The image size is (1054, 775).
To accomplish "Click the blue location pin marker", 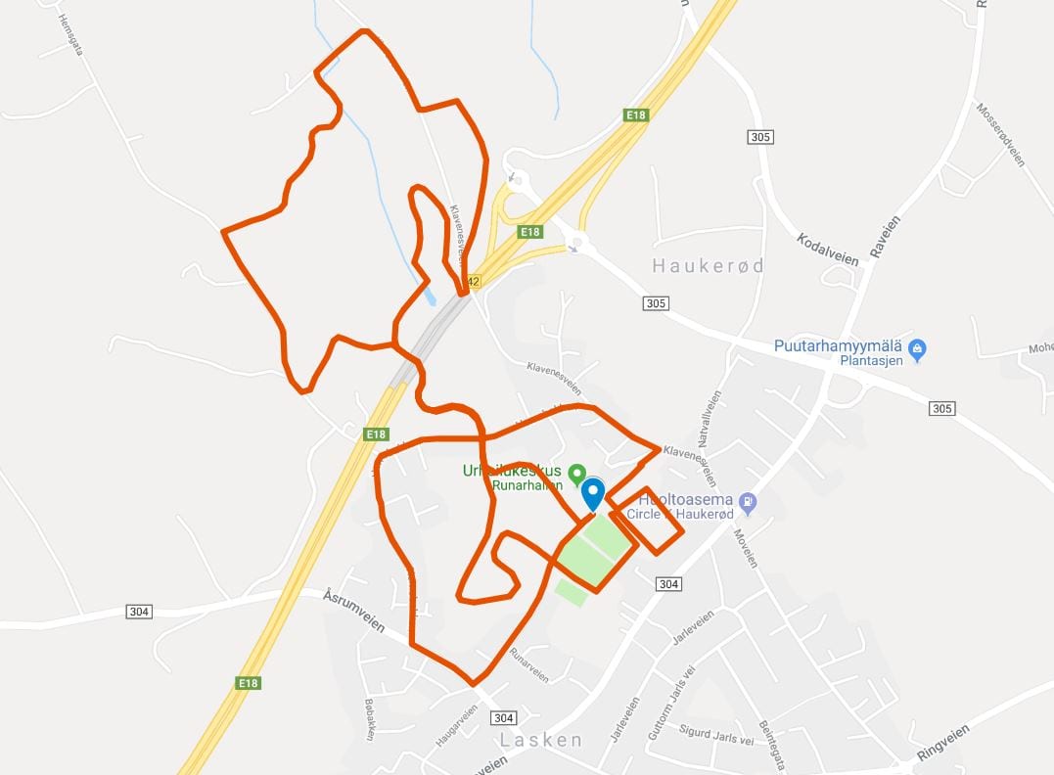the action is (593, 494).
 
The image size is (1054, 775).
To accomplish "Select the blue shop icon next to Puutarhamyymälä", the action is (917, 347).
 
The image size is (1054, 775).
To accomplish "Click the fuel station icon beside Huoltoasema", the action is (749, 502).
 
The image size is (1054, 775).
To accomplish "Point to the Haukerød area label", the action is (708, 266).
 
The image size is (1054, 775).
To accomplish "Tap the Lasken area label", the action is (541, 740).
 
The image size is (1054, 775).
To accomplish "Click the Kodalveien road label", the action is (827, 250).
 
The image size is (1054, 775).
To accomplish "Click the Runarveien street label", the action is (529, 663).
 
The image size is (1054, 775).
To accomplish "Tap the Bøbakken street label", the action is (370, 719).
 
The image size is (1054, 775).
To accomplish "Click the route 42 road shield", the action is (474, 281).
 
